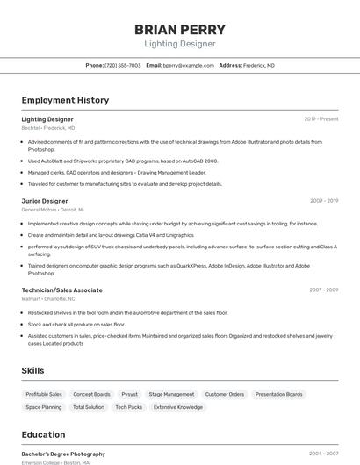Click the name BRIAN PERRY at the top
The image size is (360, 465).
[179, 29]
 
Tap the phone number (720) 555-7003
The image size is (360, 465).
[123, 65]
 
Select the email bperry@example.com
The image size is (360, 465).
[189, 65]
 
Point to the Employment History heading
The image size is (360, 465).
[65, 100]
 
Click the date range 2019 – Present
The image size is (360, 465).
[321, 118]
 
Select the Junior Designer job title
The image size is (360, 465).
[45, 201]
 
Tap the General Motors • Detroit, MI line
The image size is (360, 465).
[53, 210]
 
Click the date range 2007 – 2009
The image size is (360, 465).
[324, 290]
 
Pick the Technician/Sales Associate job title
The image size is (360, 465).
[61, 290]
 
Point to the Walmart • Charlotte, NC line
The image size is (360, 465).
[48, 299]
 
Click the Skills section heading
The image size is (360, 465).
[33, 370]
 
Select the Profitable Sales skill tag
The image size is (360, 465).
[44, 394]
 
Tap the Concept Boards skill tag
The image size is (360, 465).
[91, 394]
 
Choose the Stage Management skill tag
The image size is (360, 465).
[171, 394]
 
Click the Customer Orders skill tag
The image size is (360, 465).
[225, 394]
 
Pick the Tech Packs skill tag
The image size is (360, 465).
[128, 407]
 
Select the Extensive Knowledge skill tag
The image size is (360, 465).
[178, 407]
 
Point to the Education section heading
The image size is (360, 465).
[43, 434]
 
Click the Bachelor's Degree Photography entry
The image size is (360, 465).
[63, 454]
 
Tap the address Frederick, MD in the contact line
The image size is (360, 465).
[259, 65]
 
